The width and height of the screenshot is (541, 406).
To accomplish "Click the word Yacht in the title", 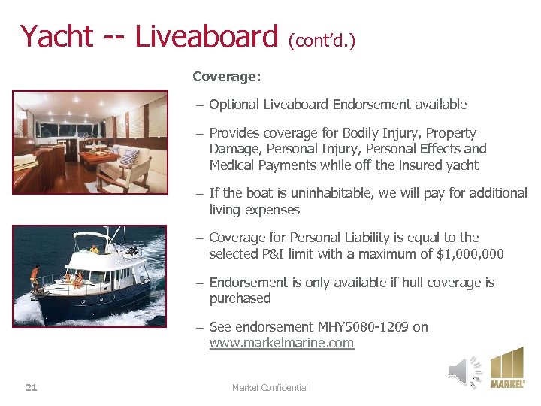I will (57, 36).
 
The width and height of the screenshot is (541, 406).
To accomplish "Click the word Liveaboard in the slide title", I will (206, 36).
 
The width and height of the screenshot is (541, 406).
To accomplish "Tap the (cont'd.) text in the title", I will (322, 40).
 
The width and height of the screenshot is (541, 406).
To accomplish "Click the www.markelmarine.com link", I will (281, 343).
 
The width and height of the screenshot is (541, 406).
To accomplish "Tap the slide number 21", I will (31, 387).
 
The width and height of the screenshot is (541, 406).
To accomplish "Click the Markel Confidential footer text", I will (270, 387).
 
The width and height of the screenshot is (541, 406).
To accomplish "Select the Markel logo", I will (507, 368).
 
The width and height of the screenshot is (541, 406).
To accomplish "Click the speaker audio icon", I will (464, 371).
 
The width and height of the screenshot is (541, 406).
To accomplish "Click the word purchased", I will (240, 298).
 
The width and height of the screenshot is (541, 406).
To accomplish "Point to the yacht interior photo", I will (89, 142).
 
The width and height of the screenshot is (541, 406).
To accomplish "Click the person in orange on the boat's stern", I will (35, 276).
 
